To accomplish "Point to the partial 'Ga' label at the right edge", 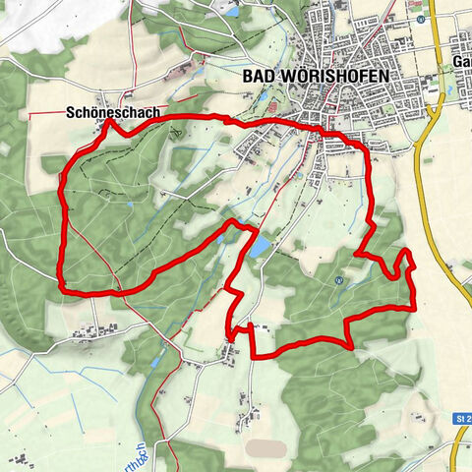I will click(462, 61).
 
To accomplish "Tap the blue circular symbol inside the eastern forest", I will click(338, 279).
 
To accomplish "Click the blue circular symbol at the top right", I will click(421, 19).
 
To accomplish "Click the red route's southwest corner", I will click(64, 289).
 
